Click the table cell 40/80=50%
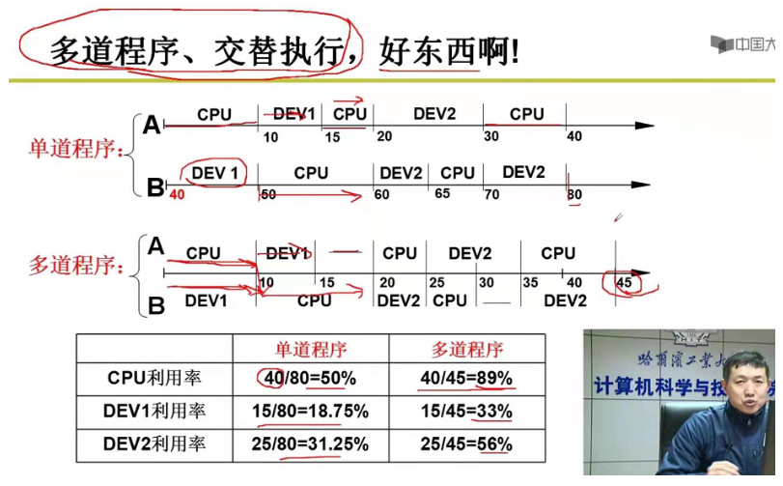coord(310,378)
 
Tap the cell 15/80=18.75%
coord(310,412)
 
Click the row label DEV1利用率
coord(154,412)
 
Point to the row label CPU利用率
coord(154,378)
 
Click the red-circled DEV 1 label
coord(213,172)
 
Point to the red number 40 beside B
coord(176,194)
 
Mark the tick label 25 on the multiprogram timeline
coord(436,282)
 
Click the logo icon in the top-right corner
coord(721,44)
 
